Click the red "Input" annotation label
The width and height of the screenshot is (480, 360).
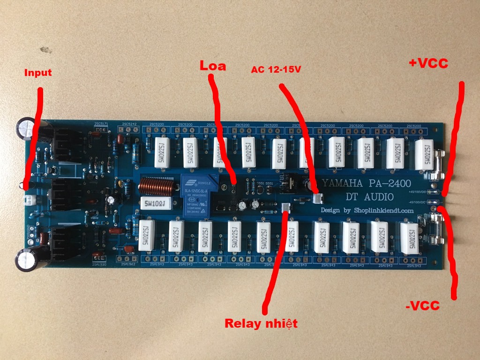(38, 73)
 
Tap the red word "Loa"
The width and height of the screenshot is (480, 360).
(213, 66)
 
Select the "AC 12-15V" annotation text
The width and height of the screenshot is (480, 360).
(276, 69)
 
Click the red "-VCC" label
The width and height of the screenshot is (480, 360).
(422, 306)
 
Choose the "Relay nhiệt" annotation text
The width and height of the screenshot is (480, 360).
(261, 323)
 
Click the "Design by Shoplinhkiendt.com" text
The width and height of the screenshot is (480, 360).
(367, 210)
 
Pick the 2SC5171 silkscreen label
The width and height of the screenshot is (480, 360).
(101, 124)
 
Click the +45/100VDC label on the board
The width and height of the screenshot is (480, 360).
(417, 192)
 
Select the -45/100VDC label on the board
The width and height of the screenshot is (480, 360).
(417, 202)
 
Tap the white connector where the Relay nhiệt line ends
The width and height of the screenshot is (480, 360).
(287, 208)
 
